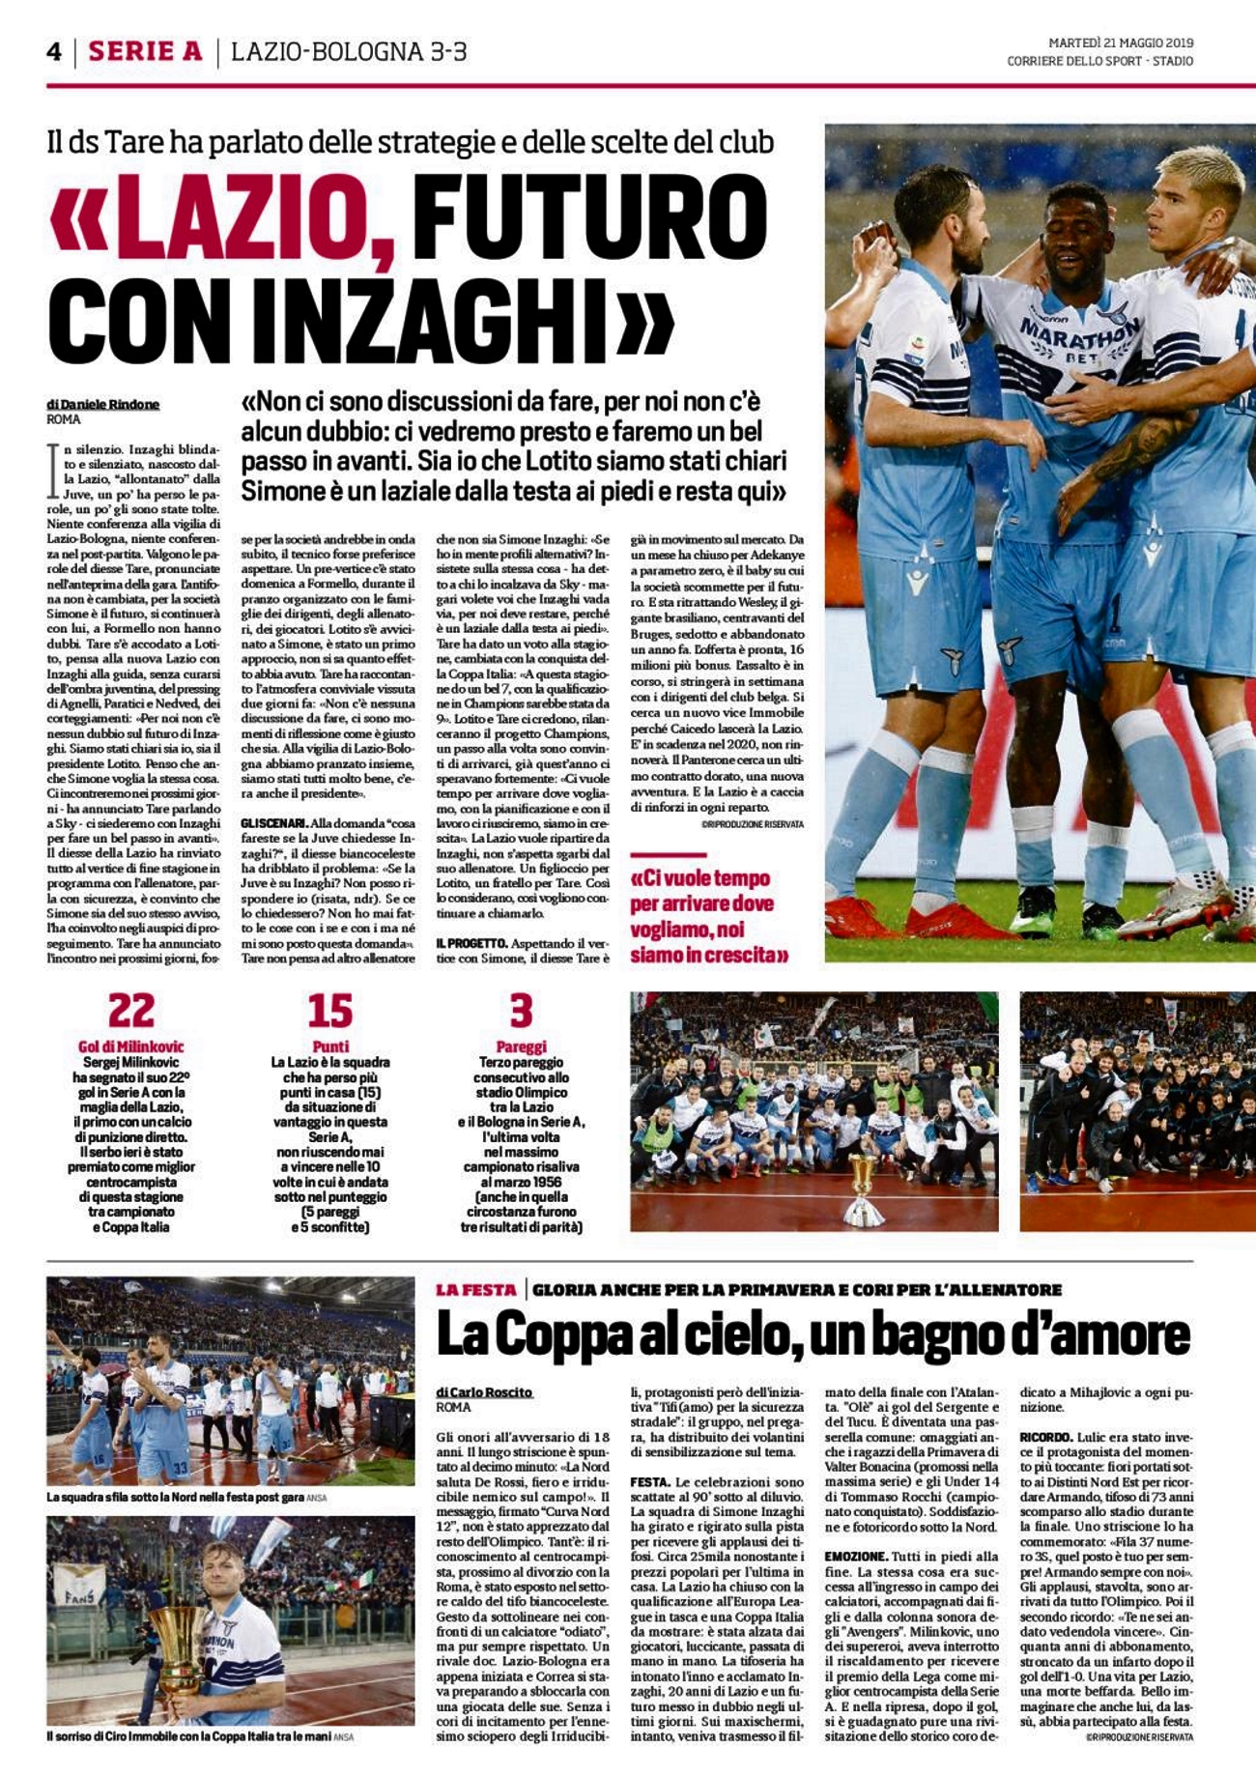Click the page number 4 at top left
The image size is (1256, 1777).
click(x=54, y=51)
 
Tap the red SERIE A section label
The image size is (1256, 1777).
click(x=145, y=51)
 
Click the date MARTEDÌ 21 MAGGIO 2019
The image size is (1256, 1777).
click(x=1121, y=43)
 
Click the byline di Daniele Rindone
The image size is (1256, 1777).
click(x=102, y=404)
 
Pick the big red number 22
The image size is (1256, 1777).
click(x=130, y=1011)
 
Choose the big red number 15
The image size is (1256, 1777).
click(x=330, y=1011)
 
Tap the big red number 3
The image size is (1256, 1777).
click(x=521, y=1011)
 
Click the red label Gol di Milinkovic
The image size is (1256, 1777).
click(x=130, y=1046)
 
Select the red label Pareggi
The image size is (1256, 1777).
click(x=521, y=1046)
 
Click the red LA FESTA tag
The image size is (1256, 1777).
click(x=475, y=1289)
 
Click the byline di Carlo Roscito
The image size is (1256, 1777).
click(x=484, y=1391)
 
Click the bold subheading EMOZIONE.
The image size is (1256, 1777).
click(x=857, y=1557)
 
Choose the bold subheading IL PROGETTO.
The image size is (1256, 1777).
click(x=471, y=942)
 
